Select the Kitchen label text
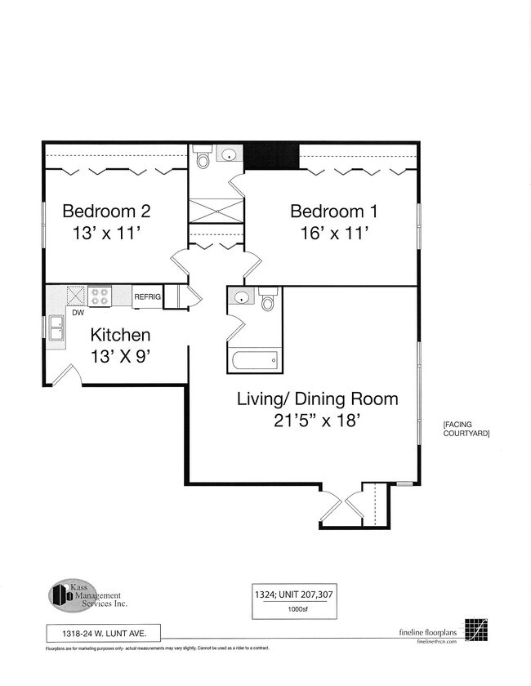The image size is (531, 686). click(120, 335)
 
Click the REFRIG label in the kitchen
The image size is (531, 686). click(147, 296)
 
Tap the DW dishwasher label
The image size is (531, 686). click(78, 312)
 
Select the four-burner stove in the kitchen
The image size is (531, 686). click(100, 296)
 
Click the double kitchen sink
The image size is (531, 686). click(56, 329)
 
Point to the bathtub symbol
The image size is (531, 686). click(254, 359)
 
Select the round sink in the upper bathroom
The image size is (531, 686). click(230, 154)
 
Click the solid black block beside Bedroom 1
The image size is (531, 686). click(271, 155)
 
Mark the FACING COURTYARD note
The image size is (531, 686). click(466, 430)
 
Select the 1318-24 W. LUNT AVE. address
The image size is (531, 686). click(102, 631)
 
